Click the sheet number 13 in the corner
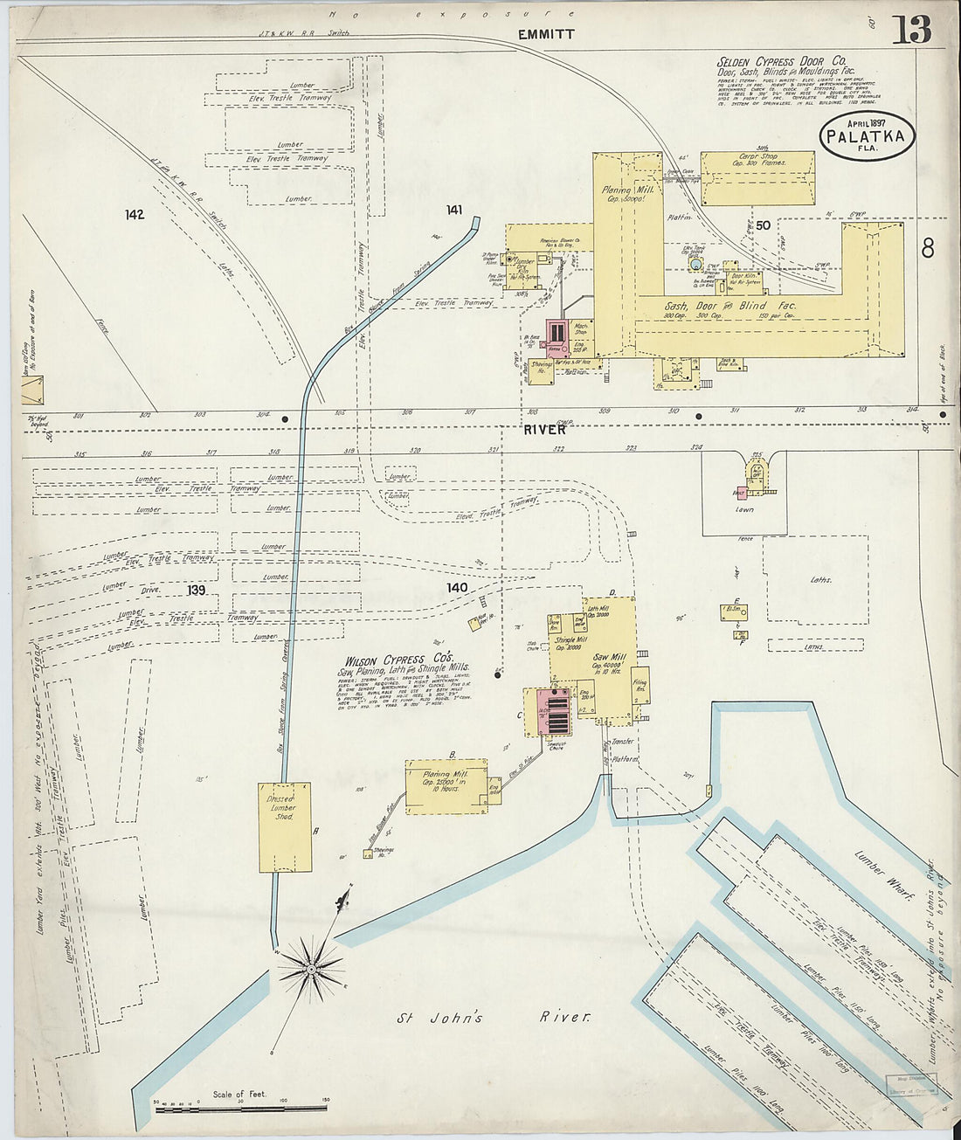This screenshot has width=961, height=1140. [x=911, y=31]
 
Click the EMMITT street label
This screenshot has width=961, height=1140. [x=546, y=35]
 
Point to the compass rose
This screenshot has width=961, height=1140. [x=312, y=969]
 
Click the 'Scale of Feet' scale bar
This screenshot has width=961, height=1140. [x=240, y=1106]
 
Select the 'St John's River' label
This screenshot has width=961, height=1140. [x=494, y=1018]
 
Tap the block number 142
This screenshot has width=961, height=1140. [x=134, y=214]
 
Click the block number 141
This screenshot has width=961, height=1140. [x=453, y=209]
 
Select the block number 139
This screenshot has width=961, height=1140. [x=195, y=591]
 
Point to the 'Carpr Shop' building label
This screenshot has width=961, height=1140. [x=757, y=159]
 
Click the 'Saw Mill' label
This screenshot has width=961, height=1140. [x=609, y=657]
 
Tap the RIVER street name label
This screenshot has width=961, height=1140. [x=546, y=430]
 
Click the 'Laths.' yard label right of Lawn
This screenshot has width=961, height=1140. [x=820, y=579]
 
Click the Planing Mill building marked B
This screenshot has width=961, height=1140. [x=446, y=786]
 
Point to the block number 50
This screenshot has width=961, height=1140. [x=763, y=225]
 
